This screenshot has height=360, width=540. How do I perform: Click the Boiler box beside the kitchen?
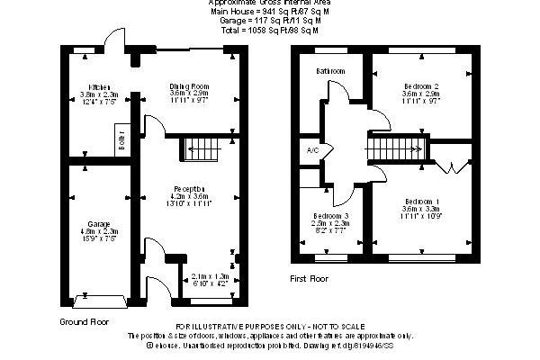click(x=121, y=141)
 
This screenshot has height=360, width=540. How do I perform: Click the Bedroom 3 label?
click(x=331, y=216)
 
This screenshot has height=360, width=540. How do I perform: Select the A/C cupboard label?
click(x=313, y=149)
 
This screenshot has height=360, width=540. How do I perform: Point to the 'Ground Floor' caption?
click(x=85, y=321)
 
